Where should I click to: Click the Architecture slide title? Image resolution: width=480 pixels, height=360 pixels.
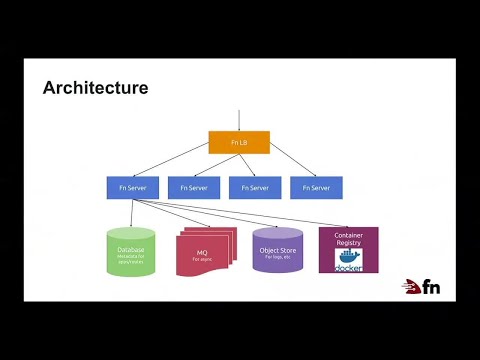click(95, 88)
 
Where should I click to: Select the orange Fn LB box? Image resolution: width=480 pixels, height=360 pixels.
click(239, 142)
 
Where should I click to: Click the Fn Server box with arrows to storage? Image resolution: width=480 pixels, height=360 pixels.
click(133, 187)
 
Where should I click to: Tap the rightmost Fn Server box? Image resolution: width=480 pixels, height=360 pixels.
click(316, 187)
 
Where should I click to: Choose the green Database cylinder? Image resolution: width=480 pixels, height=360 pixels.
click(131, 252)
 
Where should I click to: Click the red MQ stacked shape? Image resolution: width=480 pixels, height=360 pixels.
click(204, 252)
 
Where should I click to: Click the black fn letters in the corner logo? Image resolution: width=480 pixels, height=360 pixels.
click(431, 287)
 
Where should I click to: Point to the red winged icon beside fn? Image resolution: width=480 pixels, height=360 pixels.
click(410, 288)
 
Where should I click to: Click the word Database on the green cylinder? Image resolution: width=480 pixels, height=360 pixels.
click(131, 249)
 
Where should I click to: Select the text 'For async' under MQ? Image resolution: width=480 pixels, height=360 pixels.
click(202, 258)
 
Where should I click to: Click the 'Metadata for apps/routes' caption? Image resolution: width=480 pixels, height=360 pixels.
click(131, 258)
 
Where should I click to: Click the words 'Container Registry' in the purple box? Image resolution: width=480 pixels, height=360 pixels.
click(348, 237)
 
